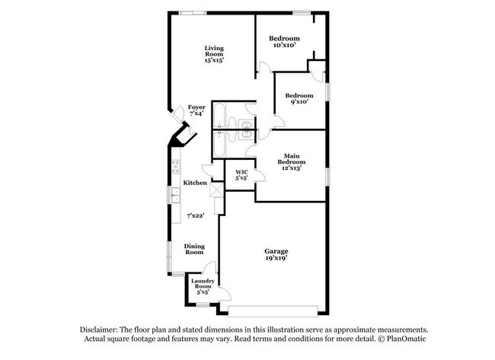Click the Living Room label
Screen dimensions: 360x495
click(213, 51)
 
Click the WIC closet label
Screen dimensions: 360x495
click(241, 172)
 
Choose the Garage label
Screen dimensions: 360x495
click(276, 251)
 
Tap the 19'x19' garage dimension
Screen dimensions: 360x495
click(276, 260)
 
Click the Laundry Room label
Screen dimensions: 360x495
click(202, 284)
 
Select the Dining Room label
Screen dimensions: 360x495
click(195, 249)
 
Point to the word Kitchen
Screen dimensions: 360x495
click(195, 183)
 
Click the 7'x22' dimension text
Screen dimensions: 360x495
click(196, 216)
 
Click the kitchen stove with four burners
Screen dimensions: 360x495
click(175, 163)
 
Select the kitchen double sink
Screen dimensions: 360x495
click(174, 199)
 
